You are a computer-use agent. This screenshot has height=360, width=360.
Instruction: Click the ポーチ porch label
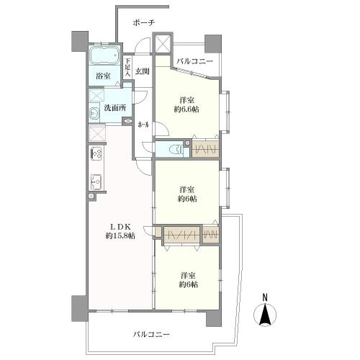(144, 23)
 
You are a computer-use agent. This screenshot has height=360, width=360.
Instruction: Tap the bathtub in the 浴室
(104, 55)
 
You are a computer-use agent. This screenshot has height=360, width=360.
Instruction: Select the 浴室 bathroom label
(103, 76)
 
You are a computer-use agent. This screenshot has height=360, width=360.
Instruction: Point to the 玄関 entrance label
(143, 71)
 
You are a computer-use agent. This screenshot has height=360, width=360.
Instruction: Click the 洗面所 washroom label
(115, 108)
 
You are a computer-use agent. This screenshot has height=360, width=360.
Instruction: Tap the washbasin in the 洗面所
(94, 113)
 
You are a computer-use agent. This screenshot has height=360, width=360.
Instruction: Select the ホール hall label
(143, 125)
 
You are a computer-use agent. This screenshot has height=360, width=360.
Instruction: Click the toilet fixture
(177, 150)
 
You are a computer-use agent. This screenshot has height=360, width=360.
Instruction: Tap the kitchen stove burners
(96, 153)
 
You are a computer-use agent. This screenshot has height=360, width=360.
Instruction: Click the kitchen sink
(96, 182)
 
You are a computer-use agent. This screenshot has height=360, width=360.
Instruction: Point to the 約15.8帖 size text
(120, 235)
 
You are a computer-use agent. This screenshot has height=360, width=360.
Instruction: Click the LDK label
(120, 226)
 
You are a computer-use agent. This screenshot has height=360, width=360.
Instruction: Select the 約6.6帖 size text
(186, 109)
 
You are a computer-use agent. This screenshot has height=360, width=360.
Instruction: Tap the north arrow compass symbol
(265, 315)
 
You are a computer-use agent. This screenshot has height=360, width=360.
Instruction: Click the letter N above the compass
(265, 297)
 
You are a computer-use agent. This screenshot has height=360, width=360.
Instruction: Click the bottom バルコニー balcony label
(151, 334)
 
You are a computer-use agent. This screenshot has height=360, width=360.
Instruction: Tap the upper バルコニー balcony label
(194, 61)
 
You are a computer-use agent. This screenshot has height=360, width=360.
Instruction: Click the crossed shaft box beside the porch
(163, 43)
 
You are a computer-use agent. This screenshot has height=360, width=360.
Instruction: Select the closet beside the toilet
(206, 150)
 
